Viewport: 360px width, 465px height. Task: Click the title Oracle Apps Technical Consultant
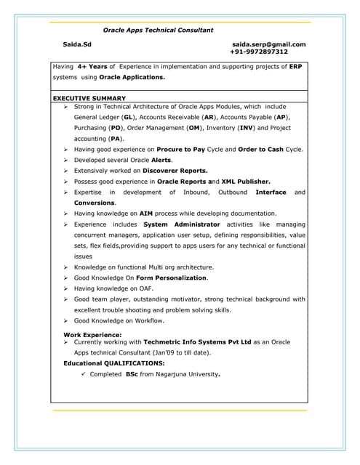158,31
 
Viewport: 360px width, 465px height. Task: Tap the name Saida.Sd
77,44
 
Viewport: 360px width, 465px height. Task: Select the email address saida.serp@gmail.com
268,44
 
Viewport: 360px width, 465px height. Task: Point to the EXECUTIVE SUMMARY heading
89,98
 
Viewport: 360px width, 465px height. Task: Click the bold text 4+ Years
92,66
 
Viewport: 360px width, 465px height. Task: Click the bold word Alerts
161,160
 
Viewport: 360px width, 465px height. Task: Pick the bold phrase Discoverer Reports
175,171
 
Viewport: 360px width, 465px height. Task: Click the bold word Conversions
95,203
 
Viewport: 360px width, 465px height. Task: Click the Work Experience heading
92,335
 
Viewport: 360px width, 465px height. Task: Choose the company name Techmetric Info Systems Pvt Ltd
191,341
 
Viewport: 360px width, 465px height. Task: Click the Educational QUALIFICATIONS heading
114,363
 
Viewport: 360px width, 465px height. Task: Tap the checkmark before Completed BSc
84,374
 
